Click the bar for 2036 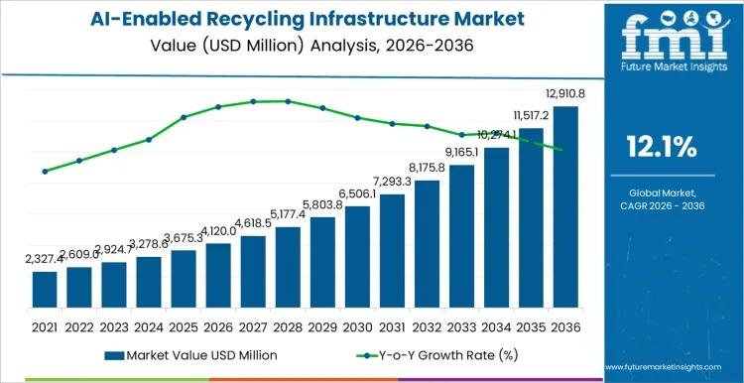click(x=565, y=208)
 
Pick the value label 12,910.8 click(x=558, y=93)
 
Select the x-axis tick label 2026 click(x=218, y=326)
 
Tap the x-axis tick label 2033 click(x=461, y=326)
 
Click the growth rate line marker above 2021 click(x=45, y=172)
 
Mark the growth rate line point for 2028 click(x=288, y=101)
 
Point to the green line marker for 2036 click(x=565, y=150)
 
